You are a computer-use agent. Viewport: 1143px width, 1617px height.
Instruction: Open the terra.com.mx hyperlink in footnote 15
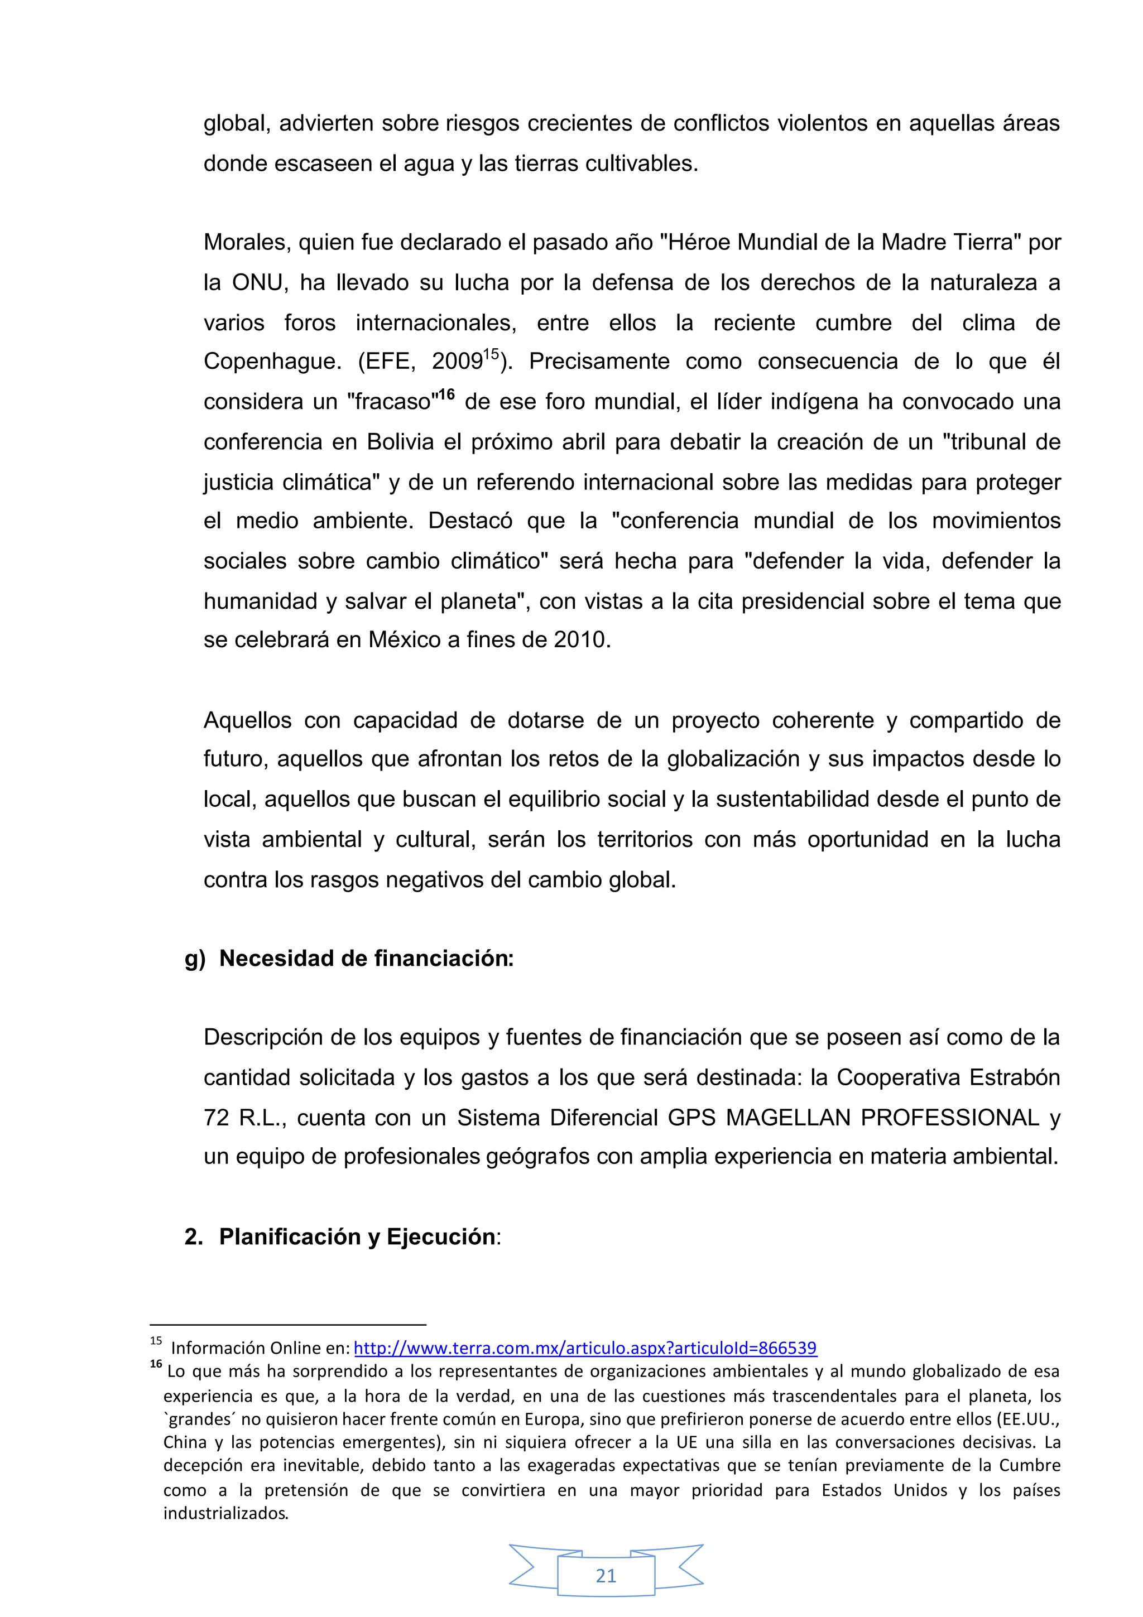click(584, 1349)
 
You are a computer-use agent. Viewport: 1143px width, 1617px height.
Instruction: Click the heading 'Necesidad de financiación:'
click(366, 959)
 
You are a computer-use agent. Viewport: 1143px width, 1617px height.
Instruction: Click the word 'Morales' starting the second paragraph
click(247, 242)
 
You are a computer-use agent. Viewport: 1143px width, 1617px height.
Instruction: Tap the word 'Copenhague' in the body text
click(272, 362)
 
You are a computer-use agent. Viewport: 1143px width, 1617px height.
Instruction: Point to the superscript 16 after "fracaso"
click(446, 394)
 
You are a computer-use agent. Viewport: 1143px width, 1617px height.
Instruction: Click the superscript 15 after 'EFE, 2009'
click(491, 354)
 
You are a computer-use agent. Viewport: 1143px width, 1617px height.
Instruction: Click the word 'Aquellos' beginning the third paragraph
click(247, 720)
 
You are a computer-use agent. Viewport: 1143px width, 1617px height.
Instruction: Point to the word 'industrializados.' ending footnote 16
click(225, 1513)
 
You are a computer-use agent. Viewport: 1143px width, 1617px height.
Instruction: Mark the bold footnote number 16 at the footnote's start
click(156, 1364)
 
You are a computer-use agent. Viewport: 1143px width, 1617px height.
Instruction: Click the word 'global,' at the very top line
click(236, 124)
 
